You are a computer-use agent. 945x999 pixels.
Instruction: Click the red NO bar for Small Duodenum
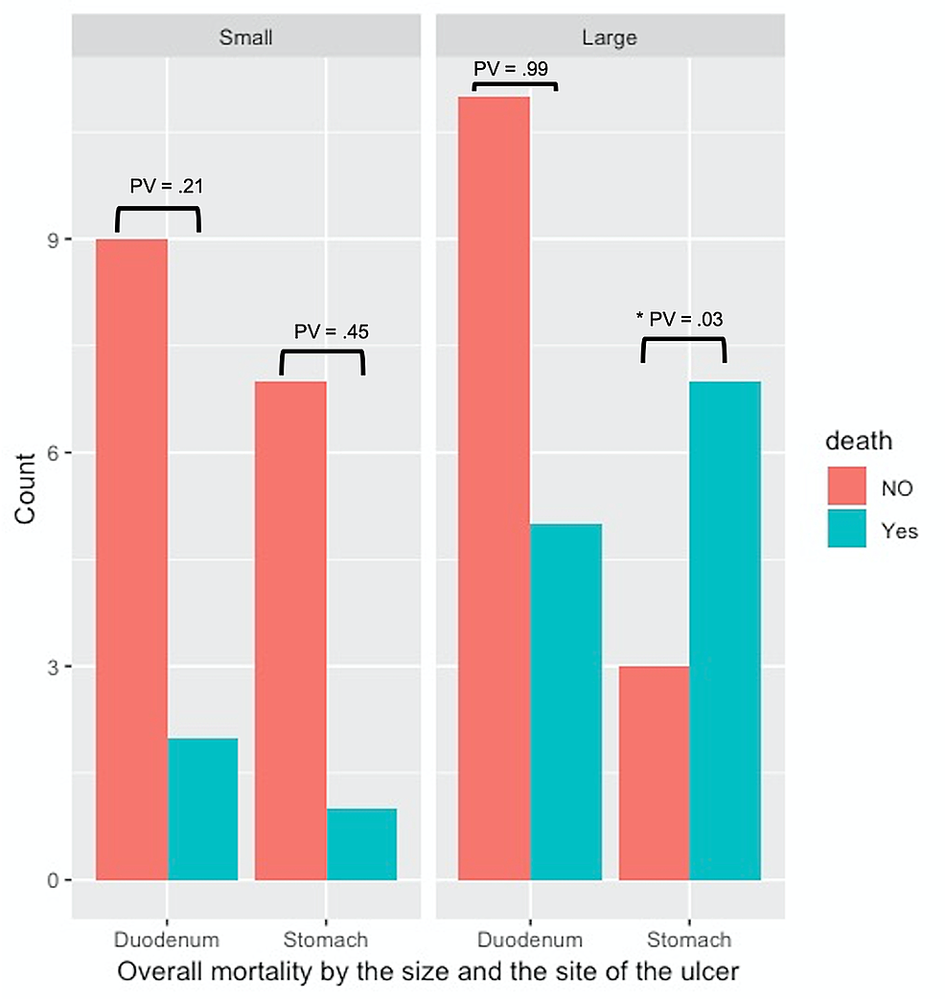[131, 559]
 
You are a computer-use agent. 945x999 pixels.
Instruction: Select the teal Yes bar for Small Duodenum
[202, 808]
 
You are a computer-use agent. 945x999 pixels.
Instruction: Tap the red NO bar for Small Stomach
[290, 630]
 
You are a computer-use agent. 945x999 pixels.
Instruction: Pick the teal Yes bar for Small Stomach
[361, 844]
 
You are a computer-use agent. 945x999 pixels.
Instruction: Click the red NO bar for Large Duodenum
[494, 488]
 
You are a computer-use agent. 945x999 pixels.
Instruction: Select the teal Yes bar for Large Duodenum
[565, 701]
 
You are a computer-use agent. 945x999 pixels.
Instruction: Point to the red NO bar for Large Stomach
[654, 773]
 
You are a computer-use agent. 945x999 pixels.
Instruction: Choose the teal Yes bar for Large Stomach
[725, 630]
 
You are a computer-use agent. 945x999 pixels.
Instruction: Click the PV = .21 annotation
[166, 186]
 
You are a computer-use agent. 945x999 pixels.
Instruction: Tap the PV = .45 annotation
[331, 331]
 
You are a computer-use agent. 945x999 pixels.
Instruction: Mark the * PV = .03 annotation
[679, 320]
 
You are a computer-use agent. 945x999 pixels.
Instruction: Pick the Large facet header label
[610, 38]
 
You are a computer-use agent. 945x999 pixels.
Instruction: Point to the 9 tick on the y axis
[54, 239]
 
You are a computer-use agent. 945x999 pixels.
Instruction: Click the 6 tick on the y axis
[54, 453]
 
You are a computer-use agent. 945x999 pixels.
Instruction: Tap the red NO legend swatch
[847, 488]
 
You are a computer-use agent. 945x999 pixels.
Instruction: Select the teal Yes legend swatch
[847, 530]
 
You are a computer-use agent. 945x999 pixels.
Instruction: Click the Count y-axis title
[25, 488]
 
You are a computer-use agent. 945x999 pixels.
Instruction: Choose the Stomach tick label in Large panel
[689, 939]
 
